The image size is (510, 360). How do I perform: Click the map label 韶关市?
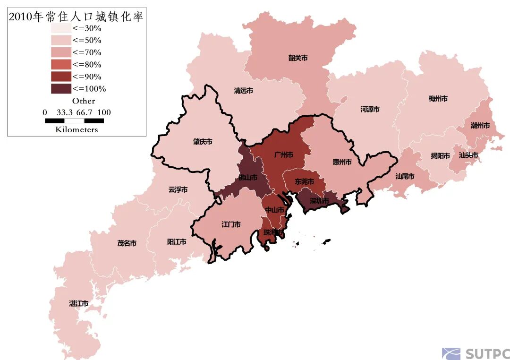(x=298, y=58)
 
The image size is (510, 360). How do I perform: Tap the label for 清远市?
(x=243, y=91)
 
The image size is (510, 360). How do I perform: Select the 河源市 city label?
(x=370, y=109)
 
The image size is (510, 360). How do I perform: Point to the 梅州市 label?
(x=438, y=99)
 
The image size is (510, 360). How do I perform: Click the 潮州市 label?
(x=480, y=126)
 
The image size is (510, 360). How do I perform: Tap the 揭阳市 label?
(x=440, y=156)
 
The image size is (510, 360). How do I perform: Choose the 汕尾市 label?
(x=405, y=176)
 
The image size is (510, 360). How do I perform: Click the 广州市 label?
(x=283, y=155)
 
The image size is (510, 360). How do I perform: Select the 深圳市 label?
(x=319, y=201)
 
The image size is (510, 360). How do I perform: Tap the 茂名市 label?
(x=127, y=243)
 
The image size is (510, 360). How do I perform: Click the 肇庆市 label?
(x=202, y=142)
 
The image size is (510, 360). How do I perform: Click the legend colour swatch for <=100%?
(x=61, y=88)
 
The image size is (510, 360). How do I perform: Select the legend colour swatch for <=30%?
(x=61, y=28)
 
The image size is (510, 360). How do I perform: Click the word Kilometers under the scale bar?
(x=76, y=129)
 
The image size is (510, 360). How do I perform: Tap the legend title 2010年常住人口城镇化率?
(x=76, y=17)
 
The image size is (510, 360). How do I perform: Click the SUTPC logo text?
(x=486, y=354)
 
